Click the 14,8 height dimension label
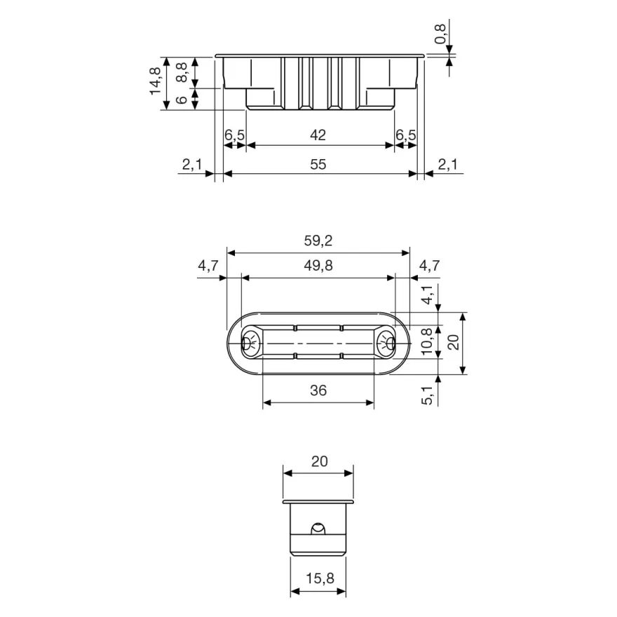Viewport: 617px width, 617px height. click(156, 81)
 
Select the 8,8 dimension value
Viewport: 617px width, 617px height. click(182, 72)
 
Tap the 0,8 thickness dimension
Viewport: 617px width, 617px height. click(440, 34)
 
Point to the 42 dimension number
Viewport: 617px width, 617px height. click(318, 135)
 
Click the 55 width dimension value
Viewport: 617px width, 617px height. click(318, 164)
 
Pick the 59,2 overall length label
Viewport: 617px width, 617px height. click(318, 240)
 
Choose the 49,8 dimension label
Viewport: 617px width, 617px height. click(318, 266)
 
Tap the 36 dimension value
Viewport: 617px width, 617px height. click(318, 391)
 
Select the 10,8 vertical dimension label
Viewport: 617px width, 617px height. click(427, 341)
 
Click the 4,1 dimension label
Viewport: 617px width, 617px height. click(427, 294)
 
